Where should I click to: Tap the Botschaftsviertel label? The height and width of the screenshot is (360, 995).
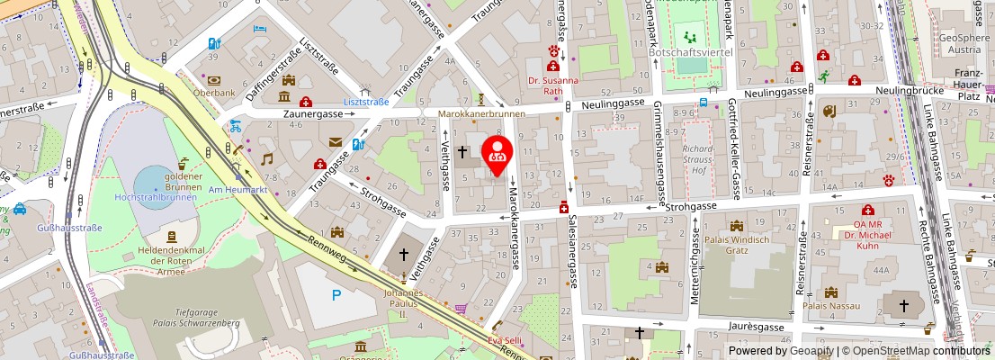click(x=690, y=53)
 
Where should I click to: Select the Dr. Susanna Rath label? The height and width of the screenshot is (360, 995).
click(x=552, y=85)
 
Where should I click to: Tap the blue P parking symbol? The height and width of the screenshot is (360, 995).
click(x=336, y=294)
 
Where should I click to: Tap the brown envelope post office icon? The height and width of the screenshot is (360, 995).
click(x=335, y=142)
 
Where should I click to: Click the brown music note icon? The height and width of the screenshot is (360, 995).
click(x=266, y=158)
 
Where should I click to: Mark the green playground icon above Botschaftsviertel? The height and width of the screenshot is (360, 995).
click(x=691, y=38)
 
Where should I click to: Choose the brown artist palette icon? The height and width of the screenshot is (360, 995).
click(x=829, y=112)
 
